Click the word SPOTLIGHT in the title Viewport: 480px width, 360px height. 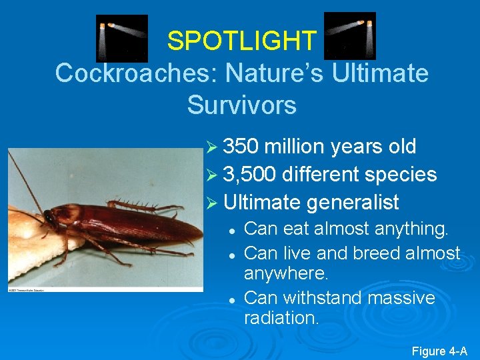point(241,41)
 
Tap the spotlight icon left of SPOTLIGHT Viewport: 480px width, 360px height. point(122,37)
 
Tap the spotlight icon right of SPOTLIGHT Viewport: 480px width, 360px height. point(349,36)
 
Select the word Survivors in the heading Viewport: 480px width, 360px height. point(241,105)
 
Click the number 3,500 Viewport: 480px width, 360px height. point(249,175)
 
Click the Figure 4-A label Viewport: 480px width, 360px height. point(439,351)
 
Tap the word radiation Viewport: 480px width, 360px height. point(281,318)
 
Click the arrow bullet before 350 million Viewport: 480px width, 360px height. point(211,147)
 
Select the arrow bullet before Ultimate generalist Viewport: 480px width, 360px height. point(211,203)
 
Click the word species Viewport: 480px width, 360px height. point(399,175)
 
